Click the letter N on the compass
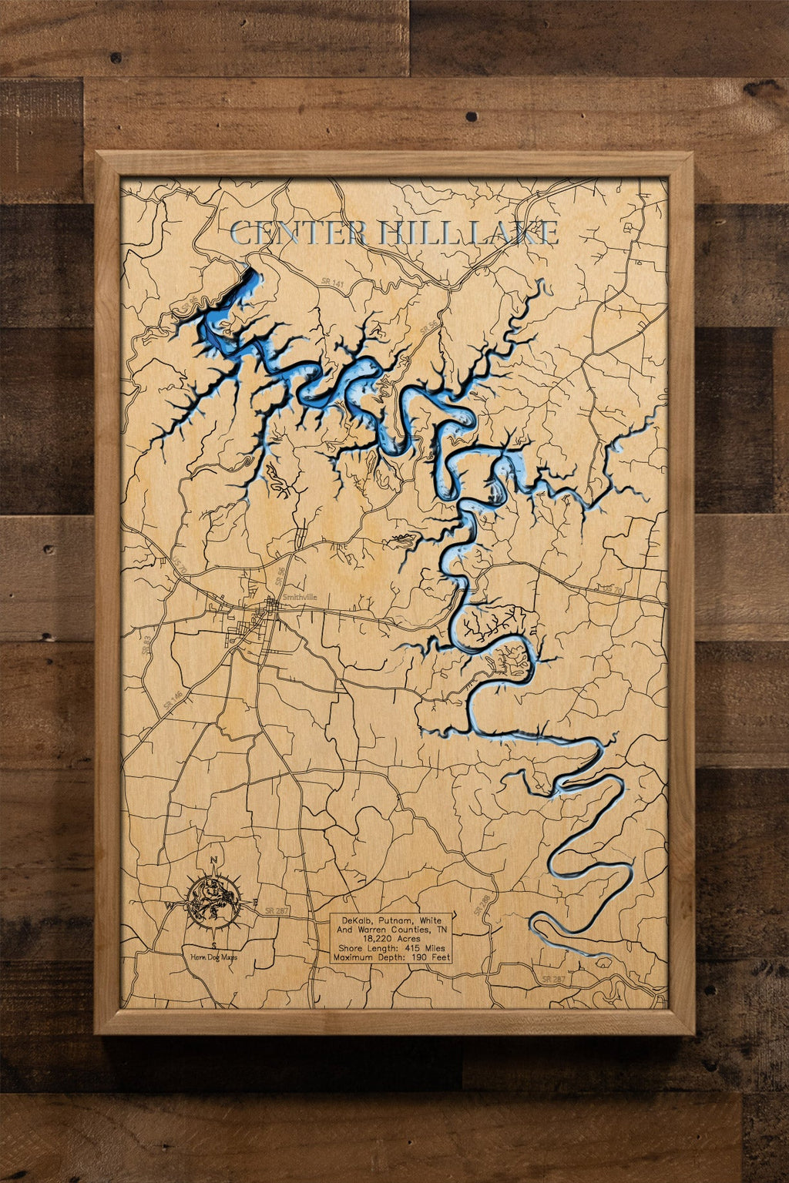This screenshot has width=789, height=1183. (214, 861)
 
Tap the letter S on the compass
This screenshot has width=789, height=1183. (213, 945)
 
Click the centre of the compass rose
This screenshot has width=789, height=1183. (213, 903)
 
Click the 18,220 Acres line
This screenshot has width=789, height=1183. (393, 939)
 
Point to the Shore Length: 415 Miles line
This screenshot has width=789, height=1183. (393, 948)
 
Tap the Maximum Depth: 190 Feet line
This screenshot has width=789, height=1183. (393, 957)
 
